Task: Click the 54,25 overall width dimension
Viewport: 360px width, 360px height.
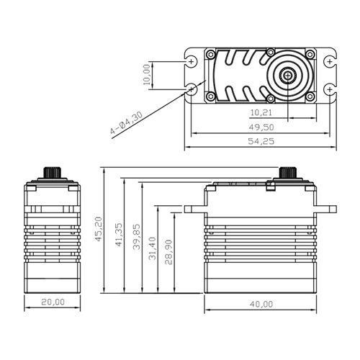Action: pos(261,141)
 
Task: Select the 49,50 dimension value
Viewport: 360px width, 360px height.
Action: pos(261,127)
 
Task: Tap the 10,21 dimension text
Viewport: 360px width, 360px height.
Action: pos(261,112)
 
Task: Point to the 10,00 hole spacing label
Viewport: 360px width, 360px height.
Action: pos(146,75)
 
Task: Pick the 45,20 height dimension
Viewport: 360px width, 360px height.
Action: pos(99,229)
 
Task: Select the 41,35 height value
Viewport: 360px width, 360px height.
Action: pos(119,235)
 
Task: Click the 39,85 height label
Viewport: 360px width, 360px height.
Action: pos(136,237)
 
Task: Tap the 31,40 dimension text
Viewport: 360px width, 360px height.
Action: pos(153,248)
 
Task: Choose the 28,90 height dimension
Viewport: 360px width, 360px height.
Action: pos(168,252)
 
